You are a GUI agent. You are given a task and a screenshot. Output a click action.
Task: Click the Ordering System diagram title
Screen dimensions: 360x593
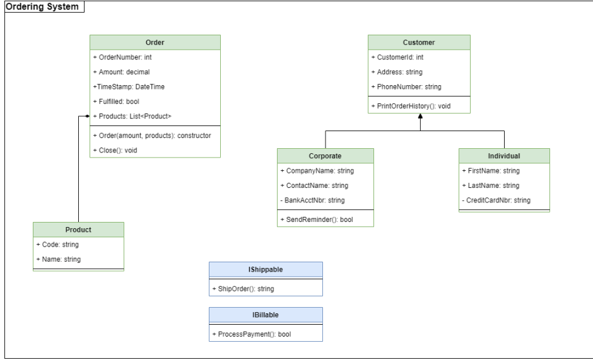(43, 7)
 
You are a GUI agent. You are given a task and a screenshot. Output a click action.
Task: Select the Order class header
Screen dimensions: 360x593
(155, 42)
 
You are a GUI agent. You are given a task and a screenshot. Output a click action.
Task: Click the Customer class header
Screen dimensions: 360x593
(419, 42)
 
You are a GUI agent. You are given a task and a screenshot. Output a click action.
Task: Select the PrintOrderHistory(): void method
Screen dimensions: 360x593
(411, 106)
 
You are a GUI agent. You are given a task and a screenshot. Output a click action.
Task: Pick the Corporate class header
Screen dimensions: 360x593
(325, 156)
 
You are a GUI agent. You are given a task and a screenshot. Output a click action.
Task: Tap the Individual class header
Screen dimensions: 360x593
(504, 156)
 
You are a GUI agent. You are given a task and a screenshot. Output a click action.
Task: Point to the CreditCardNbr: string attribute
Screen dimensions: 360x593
(496, 200)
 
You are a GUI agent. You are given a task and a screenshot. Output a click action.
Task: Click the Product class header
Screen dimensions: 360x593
(78, 229)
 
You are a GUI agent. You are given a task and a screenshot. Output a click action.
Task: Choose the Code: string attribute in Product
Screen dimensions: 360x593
(58, 245)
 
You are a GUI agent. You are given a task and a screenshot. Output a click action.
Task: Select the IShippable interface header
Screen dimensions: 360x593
(266, 269)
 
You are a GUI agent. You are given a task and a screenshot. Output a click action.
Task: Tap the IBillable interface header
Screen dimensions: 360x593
(266, 315)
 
